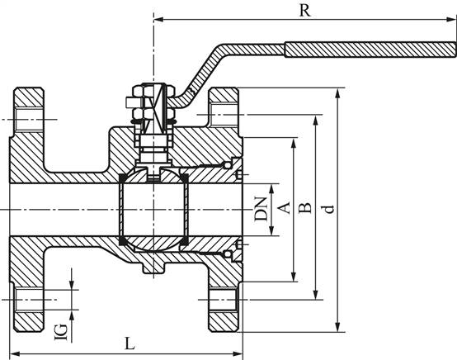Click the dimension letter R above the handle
click(305, 11)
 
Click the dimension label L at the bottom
click(130, 343)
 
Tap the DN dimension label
click(261, 209)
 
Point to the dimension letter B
click(305, 207)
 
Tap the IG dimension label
click(61, 332)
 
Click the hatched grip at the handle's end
click(370, 50)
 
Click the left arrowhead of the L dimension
click(15, 354)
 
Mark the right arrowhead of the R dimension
click(451, 19)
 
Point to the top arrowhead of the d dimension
click(337, 92)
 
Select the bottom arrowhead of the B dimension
click(316, 295)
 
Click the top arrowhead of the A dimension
click(294, 143)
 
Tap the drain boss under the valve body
click(153, 268)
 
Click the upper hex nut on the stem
click(139, 91)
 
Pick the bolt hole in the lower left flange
click(29, 300)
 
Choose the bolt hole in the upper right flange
click(224, 115)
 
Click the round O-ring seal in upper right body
click(228, 166)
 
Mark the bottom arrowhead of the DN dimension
click(271, 230)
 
